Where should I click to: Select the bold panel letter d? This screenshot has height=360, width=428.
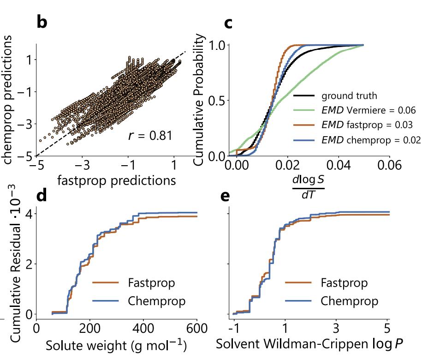[x=42, y=196]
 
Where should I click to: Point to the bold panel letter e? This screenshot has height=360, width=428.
[x=226, y=196]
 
